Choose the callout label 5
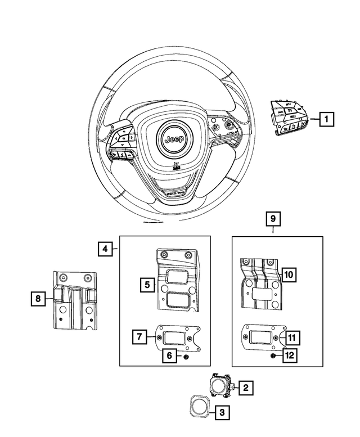[x=147, y=285]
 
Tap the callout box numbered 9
[x=273, y=218]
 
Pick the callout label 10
[x=287, y=274]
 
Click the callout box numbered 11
[x=292, y=337]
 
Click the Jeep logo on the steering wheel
[x=172, y=138]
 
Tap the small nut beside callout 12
[x=272, y=355]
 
